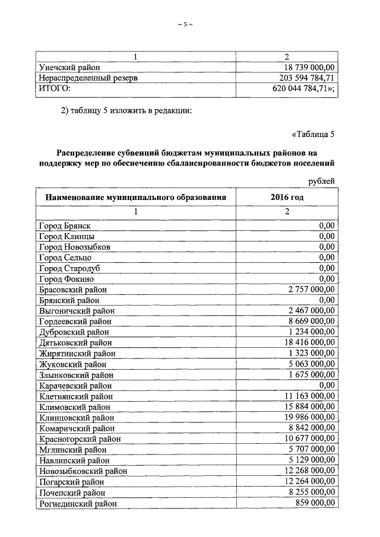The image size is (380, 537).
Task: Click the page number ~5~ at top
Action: (185, 24)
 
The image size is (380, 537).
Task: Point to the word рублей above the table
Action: (322, 180)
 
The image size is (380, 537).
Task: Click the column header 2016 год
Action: (287, 197)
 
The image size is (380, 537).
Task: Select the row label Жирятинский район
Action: (77, 354)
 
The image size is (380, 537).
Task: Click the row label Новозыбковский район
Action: (83, 471)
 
